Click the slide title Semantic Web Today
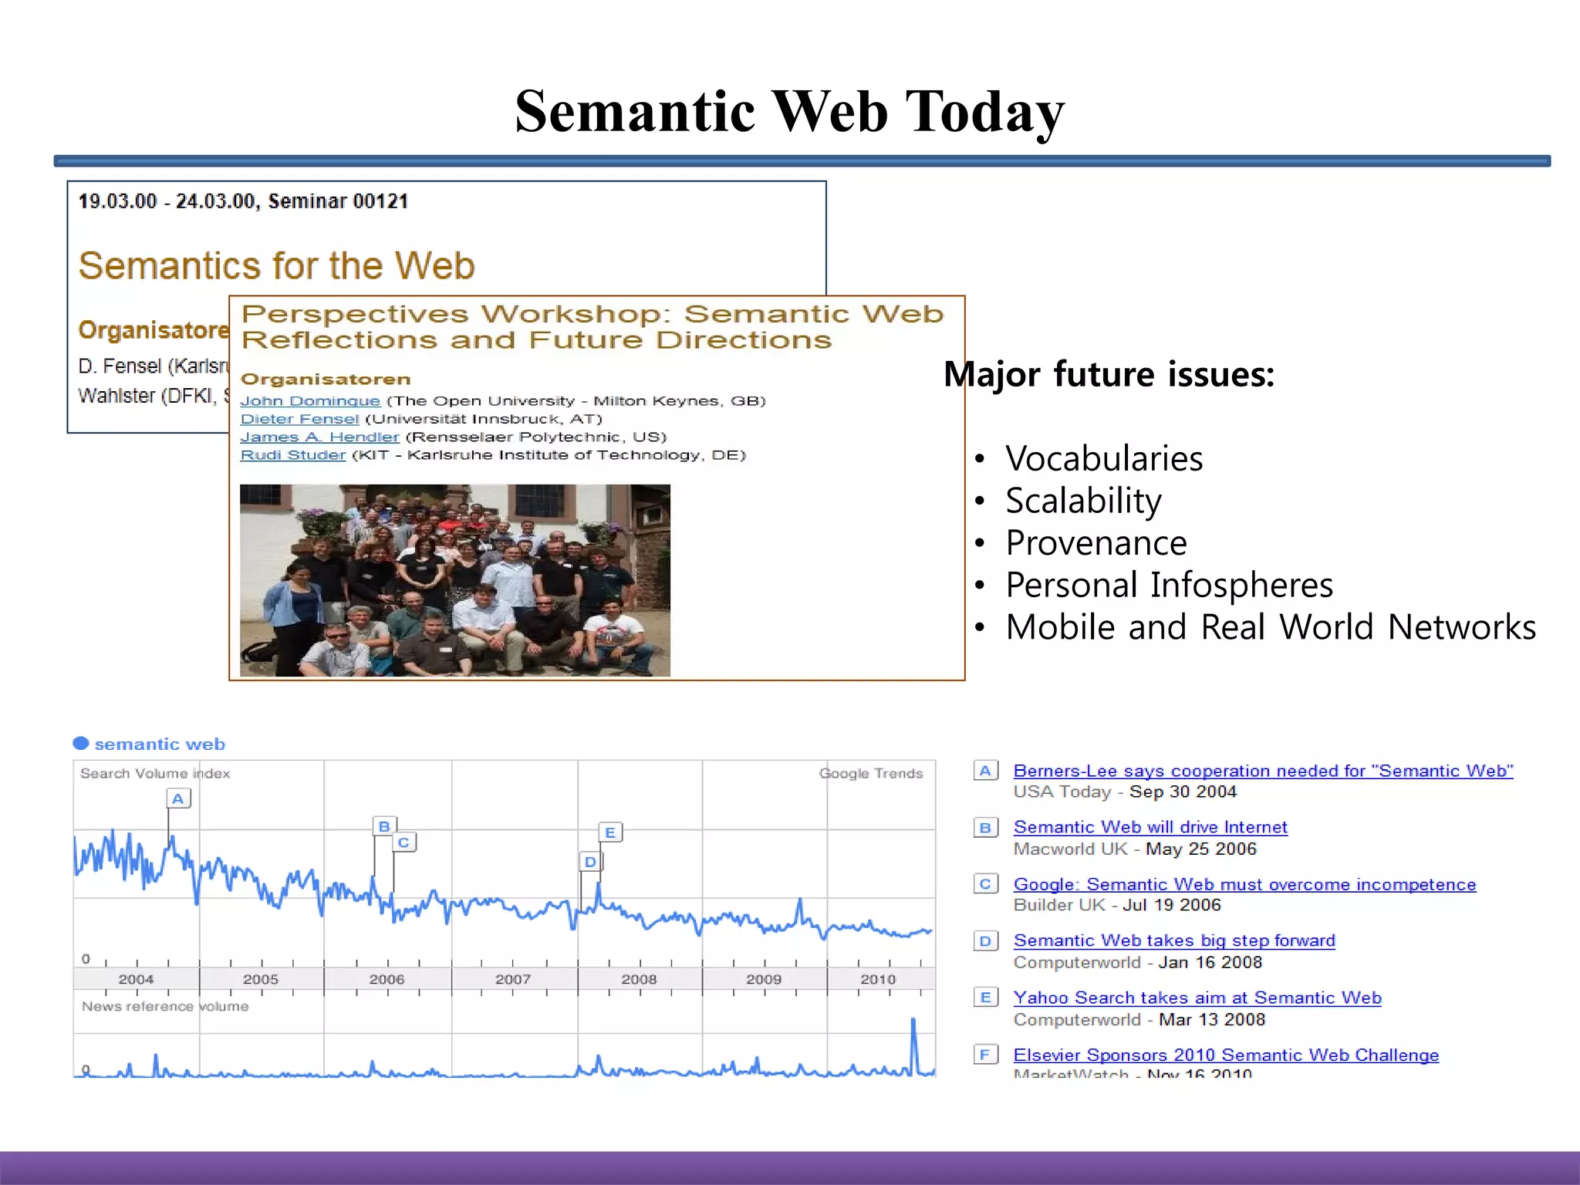789,112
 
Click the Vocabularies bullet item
1103,459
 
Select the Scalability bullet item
1082,501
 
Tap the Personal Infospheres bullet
1168,586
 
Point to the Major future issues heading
1109,375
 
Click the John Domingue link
309,401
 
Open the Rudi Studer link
292,455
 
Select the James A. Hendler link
319,437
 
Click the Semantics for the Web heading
276,266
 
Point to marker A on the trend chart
178,798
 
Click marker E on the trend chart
610,832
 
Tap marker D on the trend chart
590,862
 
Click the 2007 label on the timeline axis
513,979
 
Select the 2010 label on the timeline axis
878,979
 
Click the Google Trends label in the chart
870,773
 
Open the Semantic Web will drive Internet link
1150,827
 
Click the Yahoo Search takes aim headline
1197,998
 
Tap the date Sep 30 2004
1183,792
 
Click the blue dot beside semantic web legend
81,744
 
